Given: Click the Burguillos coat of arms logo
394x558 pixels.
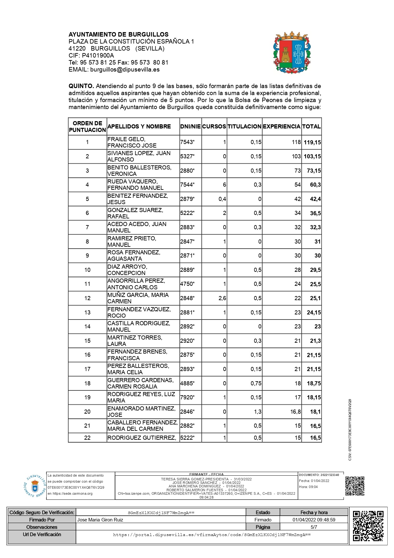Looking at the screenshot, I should tap(292, 52).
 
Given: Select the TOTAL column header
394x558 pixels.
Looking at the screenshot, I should tap(311, 127).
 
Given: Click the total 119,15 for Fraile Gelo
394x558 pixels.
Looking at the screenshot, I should tap(312, 142).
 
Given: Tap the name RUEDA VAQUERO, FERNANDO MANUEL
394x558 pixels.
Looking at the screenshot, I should tap(136, 185).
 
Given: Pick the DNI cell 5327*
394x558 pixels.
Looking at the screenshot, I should tap(187, 156).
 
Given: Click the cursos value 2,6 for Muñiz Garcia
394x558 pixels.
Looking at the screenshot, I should tap(222, 298).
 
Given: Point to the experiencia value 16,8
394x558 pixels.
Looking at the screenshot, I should tap(295, 412).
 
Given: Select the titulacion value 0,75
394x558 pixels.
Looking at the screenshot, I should tap(256, 383).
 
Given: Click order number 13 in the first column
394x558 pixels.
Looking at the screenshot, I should tap(87, 313).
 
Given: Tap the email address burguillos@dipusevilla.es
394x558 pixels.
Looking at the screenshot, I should tap(125, 70).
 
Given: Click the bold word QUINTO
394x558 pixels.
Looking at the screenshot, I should tap(81, 86).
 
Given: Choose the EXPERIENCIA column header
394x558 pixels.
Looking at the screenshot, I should tap(282, 127).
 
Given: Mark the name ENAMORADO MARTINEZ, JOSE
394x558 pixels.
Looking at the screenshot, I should tap(141, 412).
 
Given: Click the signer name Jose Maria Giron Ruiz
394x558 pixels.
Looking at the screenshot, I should tap(100, 520).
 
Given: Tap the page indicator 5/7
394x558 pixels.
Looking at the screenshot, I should tap(314, 527).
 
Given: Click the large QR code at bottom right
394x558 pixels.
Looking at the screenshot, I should tap(368, 526).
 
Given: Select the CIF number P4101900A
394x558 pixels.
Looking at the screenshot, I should tap(98, 56).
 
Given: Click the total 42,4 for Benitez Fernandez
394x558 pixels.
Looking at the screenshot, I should tap(315, 199).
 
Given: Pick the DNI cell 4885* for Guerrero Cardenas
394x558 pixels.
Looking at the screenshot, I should tap(187, 383).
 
